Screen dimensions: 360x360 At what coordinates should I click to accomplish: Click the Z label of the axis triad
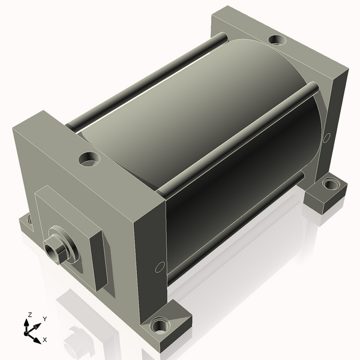(29, 314)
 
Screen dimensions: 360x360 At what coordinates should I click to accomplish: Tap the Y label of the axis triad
(45, 319)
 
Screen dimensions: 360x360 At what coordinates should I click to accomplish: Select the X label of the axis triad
(45, 340)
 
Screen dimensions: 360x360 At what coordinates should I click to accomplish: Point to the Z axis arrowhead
(26, 323)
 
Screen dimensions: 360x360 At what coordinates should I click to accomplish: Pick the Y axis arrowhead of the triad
(38, 326)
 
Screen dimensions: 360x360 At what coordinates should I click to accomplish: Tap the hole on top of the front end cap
(89, 160)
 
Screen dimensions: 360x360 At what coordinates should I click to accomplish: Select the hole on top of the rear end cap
(277, 40)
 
